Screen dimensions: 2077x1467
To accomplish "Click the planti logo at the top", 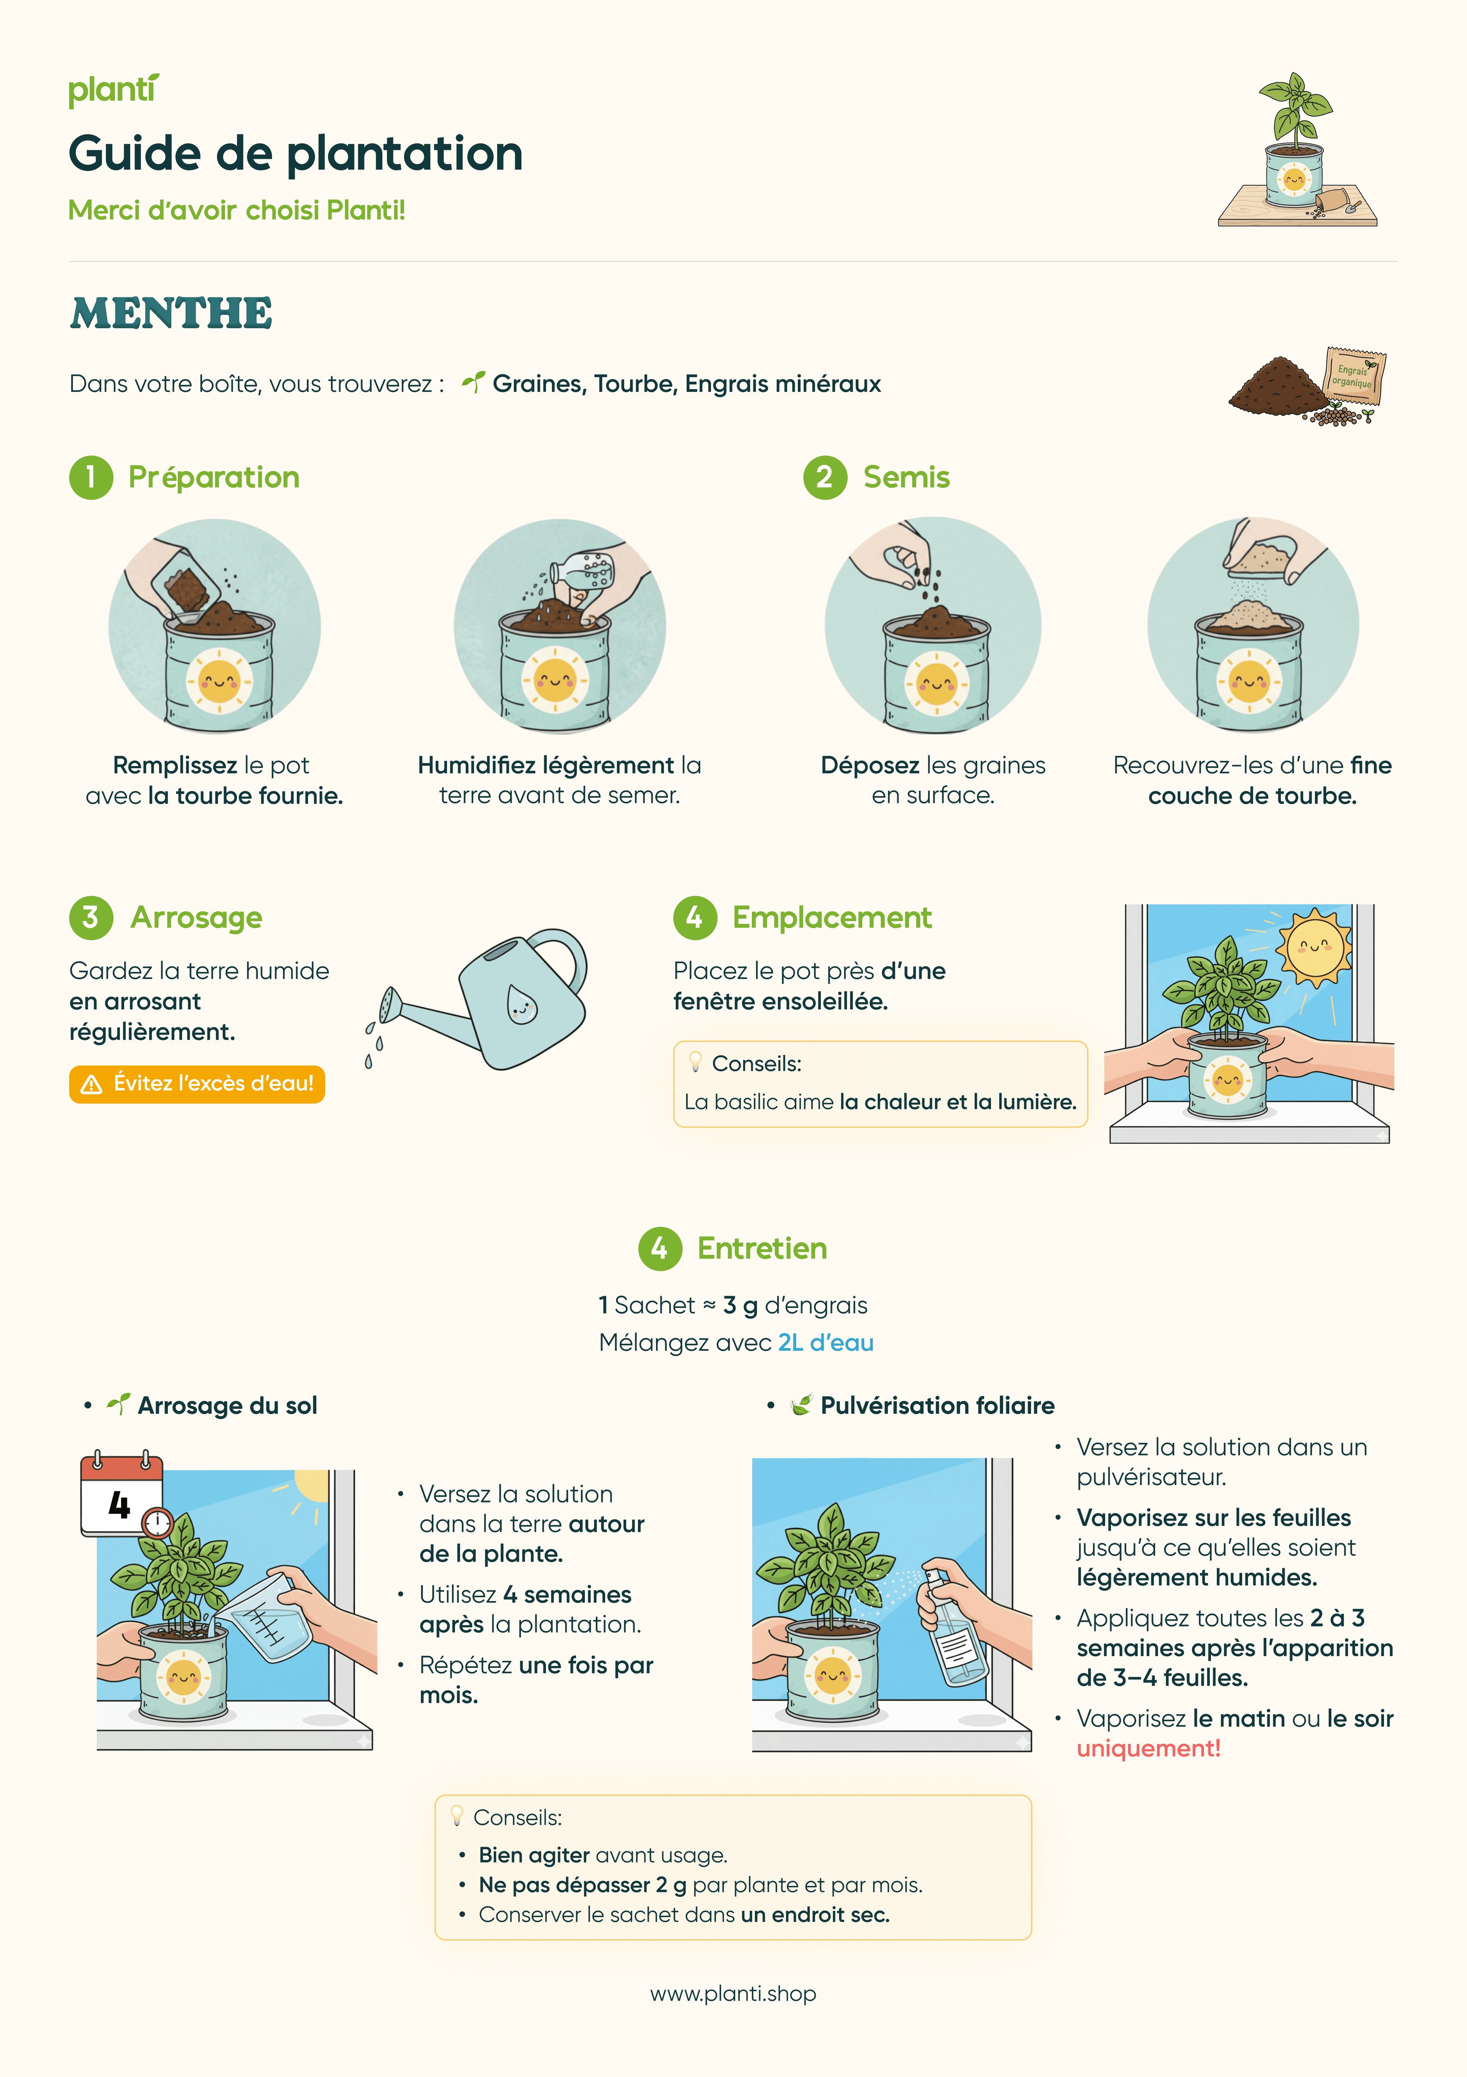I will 113,91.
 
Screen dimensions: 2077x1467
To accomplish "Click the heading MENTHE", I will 171,314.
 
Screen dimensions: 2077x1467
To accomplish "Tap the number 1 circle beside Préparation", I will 91,478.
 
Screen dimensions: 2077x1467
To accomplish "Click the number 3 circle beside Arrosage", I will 91,917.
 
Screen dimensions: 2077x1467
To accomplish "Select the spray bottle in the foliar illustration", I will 952,1628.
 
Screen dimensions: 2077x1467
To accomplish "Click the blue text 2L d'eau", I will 826,1342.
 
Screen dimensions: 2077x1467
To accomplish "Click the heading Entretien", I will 761,1248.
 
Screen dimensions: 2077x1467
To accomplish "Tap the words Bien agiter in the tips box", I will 534,1855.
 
